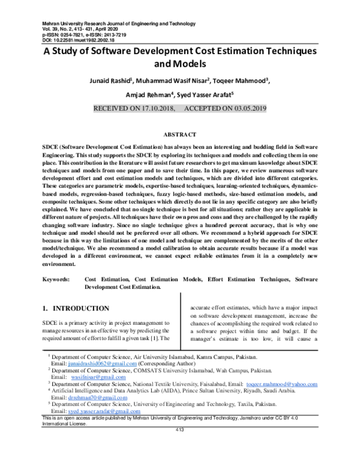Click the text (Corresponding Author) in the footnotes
(166, 364)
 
